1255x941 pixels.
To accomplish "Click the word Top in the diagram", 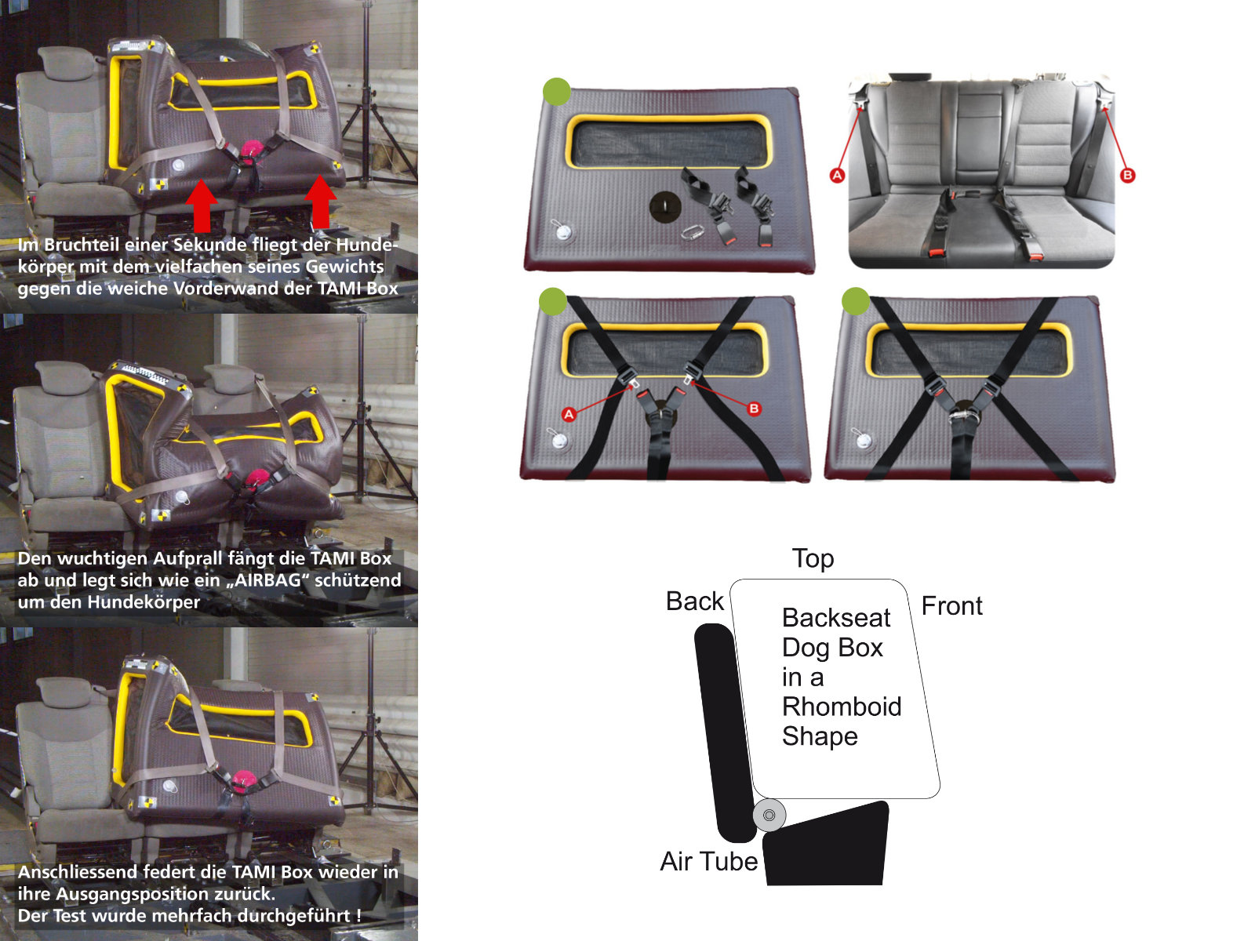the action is click(813, 559).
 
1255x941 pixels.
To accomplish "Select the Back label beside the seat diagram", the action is click(695, 601).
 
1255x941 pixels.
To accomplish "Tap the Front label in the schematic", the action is click(952, 605).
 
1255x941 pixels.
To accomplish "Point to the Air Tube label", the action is click(709, 861).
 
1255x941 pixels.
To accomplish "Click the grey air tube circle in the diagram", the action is click(769, 815).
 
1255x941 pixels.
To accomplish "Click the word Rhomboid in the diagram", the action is click(842, 707).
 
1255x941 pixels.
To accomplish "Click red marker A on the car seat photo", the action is click(837, 175).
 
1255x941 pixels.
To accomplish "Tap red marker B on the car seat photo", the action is click(1127, 175).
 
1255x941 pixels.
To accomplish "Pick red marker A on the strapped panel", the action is click(569, 414).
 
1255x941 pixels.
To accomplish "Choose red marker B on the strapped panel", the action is click(754, 409).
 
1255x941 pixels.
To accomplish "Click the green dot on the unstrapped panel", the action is click(556, 92).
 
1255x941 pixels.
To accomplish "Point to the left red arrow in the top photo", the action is click(202, 205).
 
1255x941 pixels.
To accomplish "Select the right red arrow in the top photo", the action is click(320, 201).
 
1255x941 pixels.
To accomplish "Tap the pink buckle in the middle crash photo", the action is click(256, 477).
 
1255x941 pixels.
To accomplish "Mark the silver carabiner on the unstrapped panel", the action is click(693, 233).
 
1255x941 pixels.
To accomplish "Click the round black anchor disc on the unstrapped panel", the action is click(665, 206).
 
